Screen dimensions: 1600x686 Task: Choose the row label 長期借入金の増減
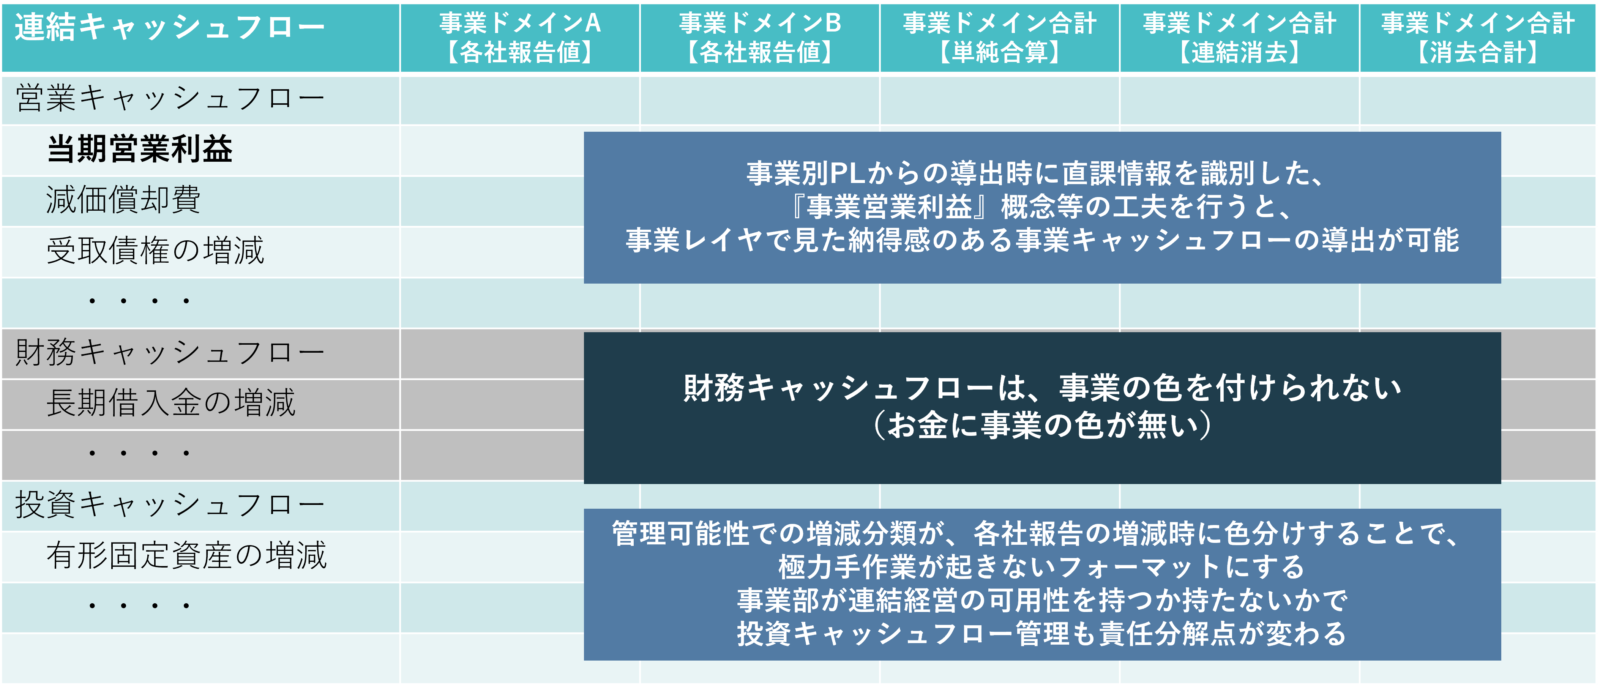pyautogui.click(x=171, y=403)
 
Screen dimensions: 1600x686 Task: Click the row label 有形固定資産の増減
pyautogui.click(x=186, y=555)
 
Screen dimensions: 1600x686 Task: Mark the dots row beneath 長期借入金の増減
pyautogui.click(x=139, y=453)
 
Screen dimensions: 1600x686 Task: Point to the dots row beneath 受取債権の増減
pyautogui.click(x=139, y=302)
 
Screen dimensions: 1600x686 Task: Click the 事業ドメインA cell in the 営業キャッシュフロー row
pyautogui.click(x=520, y=99)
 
